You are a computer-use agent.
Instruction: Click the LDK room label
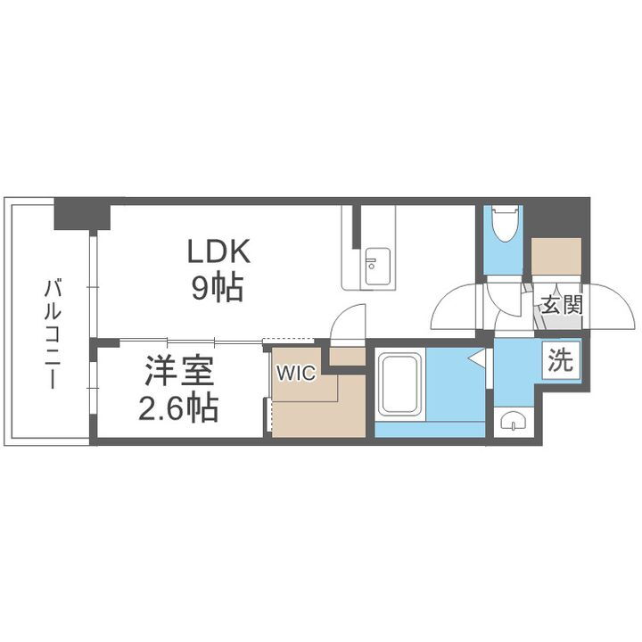[220, 252]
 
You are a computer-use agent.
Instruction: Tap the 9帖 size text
[215, 288]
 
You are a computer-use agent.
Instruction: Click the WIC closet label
[294, 374]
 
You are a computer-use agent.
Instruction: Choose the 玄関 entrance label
[561, 305]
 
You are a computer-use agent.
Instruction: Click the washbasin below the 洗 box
[514, 421]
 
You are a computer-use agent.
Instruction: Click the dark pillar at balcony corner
[80, 215]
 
